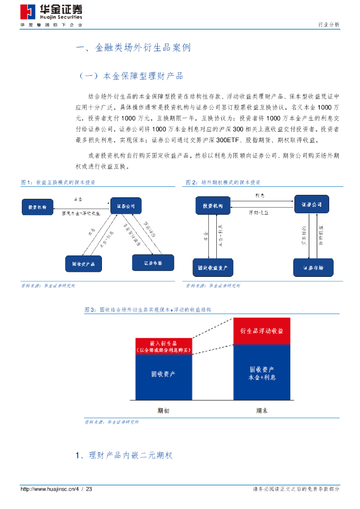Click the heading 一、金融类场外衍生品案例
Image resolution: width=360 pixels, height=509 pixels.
click(x=133, y=48)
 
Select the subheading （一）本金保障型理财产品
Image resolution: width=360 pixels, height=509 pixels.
click(x=131, y=76)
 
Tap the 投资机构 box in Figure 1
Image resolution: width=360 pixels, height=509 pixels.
click(x=38, y=206)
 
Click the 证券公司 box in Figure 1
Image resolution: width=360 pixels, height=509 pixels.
click(x=125, y=206)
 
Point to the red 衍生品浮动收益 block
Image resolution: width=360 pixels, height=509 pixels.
click(x=262, y=331)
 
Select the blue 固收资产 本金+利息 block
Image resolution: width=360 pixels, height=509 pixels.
click(x=262, y=373)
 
